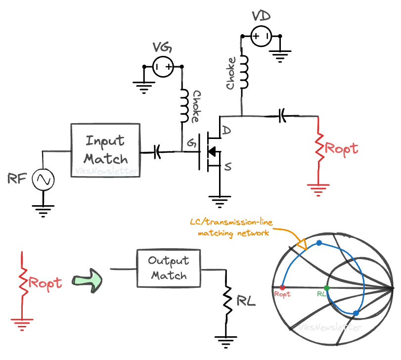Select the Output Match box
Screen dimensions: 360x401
coord(169,268)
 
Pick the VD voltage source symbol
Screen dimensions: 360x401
coord(261,36)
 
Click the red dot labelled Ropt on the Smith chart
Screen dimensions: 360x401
coord(282,287)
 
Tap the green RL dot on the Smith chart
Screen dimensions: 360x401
coord(326,287)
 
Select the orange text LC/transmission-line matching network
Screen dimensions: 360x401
coord(231,228)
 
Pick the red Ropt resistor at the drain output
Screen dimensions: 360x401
coord(319,149)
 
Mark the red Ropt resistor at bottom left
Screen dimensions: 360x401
coord(22,283)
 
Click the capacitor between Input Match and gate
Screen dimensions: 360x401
coord(158,151)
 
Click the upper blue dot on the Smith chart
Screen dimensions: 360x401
coord(319,243)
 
